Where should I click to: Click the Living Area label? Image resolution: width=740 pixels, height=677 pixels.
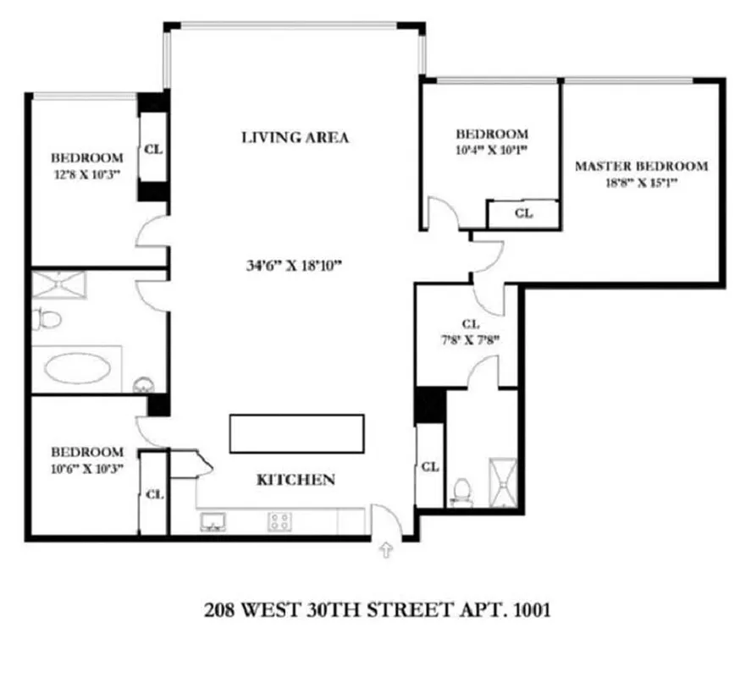295,137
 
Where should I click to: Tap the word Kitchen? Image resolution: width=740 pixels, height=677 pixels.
295,480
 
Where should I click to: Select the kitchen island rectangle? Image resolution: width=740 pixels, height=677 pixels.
296,433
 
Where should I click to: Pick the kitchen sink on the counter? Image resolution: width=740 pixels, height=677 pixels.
213,522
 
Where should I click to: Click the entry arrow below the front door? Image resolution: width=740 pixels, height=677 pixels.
387,552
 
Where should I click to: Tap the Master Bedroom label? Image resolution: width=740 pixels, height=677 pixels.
641,166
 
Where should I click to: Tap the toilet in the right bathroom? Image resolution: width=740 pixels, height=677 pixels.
461,492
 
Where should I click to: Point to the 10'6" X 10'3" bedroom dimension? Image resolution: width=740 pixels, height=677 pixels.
86,467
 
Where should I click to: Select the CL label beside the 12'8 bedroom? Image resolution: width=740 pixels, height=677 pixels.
153,149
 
